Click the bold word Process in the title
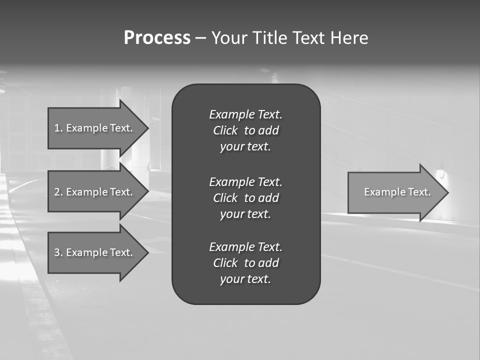157,38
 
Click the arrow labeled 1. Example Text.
93,128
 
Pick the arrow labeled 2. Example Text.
93,192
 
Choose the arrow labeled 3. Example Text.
93,252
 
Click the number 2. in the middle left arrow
58,192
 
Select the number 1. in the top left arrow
58,128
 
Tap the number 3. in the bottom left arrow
58,252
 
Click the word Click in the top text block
225,130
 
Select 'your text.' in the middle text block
245,214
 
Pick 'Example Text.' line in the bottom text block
245,247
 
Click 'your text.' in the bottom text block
245,279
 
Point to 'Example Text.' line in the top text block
245,114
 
